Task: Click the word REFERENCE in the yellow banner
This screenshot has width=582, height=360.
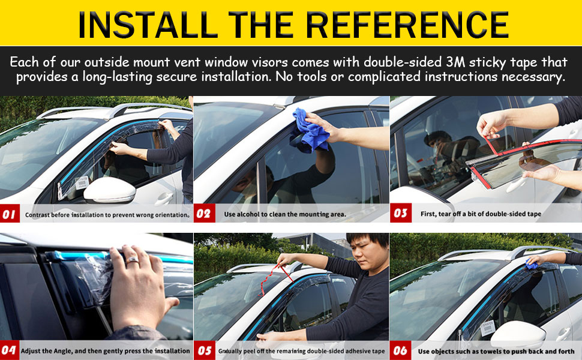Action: coord(407,25)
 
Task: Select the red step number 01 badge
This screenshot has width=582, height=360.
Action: coord(10,214)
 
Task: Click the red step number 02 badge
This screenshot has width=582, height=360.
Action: coord(204,214)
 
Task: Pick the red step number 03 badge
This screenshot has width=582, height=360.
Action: coord(401,213)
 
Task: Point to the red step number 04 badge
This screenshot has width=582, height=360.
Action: coord(8,350)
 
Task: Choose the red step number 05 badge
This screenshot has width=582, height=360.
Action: coord(204,350)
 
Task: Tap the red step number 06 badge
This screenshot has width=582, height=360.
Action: coord(400,350)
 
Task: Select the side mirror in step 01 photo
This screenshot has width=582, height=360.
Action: coord(109,190)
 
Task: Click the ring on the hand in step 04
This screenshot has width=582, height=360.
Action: coord(132,261)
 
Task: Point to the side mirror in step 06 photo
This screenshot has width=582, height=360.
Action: coord(518,334)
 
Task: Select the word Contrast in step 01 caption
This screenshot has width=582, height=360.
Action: coord(37,215)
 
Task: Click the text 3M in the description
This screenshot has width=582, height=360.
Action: coord(455,62)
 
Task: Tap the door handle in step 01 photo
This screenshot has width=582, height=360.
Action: coord(164,199)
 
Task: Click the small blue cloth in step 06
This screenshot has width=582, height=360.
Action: coord(532,265)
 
